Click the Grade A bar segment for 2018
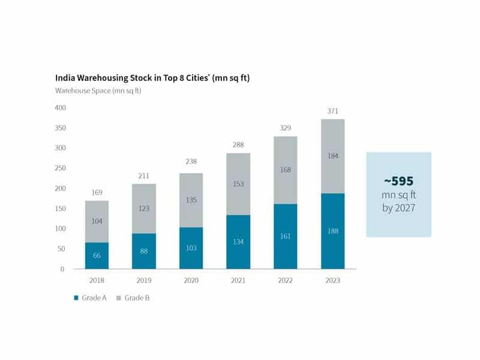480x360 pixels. click(x=97, y=256)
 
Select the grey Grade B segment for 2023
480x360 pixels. click(x=333, y=156)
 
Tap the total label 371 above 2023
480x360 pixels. click(x=333, y=112)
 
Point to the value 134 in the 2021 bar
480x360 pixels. click(x=238, y=241)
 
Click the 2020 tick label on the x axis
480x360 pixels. click(x=191, y=281)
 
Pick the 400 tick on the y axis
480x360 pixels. click(x=59, y=108)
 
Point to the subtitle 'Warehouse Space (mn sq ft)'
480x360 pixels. click(x=98, y=90)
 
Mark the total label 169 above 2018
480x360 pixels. click(x=97, y=193)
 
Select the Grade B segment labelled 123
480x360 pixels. click(x=143, y=209)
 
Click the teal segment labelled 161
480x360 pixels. click(x=286, y=236)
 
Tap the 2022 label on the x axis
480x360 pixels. click(x=286, y=281)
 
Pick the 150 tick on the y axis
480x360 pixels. click(x=59, y=208)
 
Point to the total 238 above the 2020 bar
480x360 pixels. click(x=191, y=161)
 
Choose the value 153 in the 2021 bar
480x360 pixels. click(x=238, y=184)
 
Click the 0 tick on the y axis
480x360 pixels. click(x=62, y=269)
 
